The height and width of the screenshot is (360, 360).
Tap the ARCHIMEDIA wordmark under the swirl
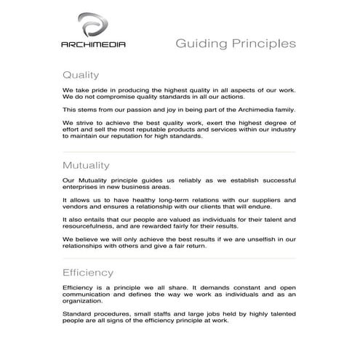tap(92, 44)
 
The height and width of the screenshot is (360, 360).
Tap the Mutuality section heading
tap(86, 164)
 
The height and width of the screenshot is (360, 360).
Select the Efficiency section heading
tap(88, 273)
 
